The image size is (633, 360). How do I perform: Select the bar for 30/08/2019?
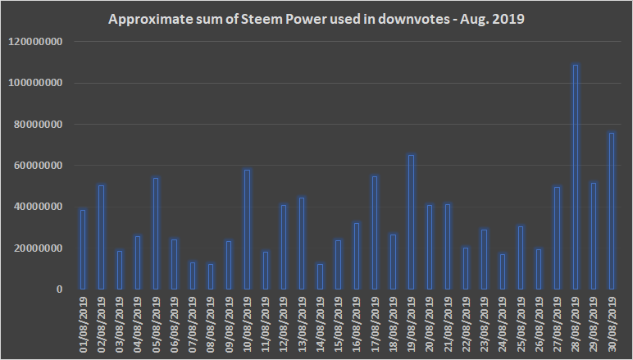coord(612,211)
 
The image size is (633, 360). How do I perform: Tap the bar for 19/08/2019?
coord(411,221)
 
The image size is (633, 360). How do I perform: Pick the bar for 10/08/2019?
coord(247,230)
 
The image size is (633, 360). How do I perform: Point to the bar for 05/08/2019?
coord(156,234)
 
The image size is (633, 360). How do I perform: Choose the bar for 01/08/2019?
coord(82,249)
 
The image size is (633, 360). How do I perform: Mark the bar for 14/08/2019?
coord(320,276)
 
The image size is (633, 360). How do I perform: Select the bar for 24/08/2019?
coord(502,271)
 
